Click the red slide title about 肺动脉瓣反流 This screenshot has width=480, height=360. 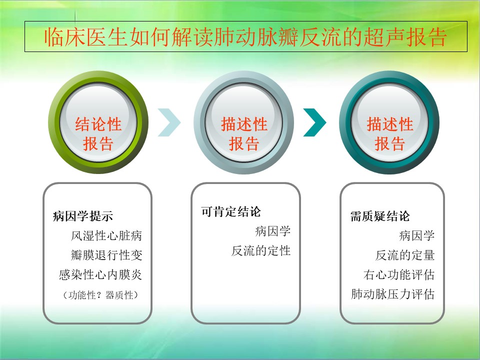245,37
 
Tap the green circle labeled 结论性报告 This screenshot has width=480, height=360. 98,122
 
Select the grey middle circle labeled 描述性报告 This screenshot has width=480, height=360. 243,122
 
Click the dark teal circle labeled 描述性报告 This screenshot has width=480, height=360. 389,122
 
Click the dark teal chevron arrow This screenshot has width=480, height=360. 314,122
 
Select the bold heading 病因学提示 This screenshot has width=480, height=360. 83,216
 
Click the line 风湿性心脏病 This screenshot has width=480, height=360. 106,235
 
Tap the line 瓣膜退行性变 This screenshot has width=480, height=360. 106,255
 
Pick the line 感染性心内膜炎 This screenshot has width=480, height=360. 100,274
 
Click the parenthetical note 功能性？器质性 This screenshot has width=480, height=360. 100,295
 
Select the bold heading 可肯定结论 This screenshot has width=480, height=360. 231,211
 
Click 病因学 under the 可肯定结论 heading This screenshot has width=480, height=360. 273,231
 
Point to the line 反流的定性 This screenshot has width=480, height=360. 261,250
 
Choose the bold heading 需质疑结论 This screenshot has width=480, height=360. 380,216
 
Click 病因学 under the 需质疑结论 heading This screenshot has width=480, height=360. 417,235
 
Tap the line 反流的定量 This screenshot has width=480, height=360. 405,255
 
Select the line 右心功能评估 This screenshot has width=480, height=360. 399,274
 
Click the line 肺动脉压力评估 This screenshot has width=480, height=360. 393,294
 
